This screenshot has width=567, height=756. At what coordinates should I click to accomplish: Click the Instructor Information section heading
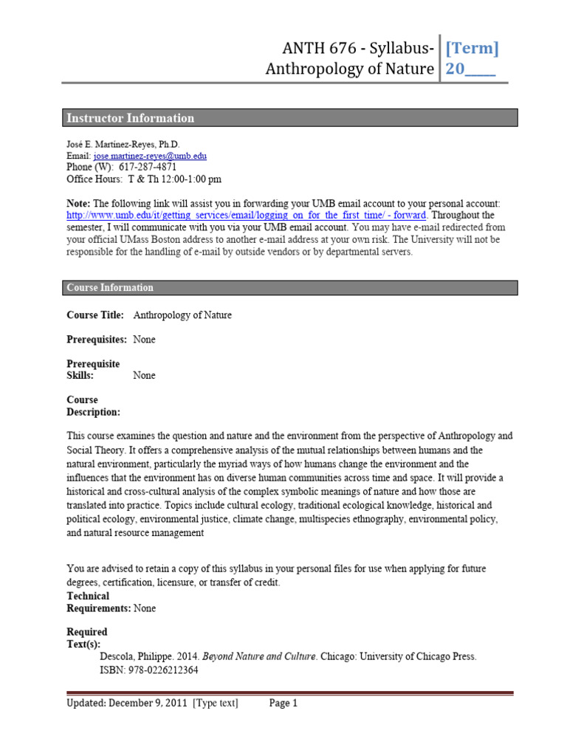(x=131, y=118)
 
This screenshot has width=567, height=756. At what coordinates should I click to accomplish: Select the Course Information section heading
(x=110, y=288)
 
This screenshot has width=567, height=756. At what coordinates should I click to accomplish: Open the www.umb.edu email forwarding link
(x=246, y=215)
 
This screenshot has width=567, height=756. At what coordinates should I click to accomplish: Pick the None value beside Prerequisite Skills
(x=144, y=376)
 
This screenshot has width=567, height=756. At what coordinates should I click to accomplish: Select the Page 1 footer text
(x=283, y=704)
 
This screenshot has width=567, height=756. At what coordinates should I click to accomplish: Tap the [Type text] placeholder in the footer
(x=216, y=704)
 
